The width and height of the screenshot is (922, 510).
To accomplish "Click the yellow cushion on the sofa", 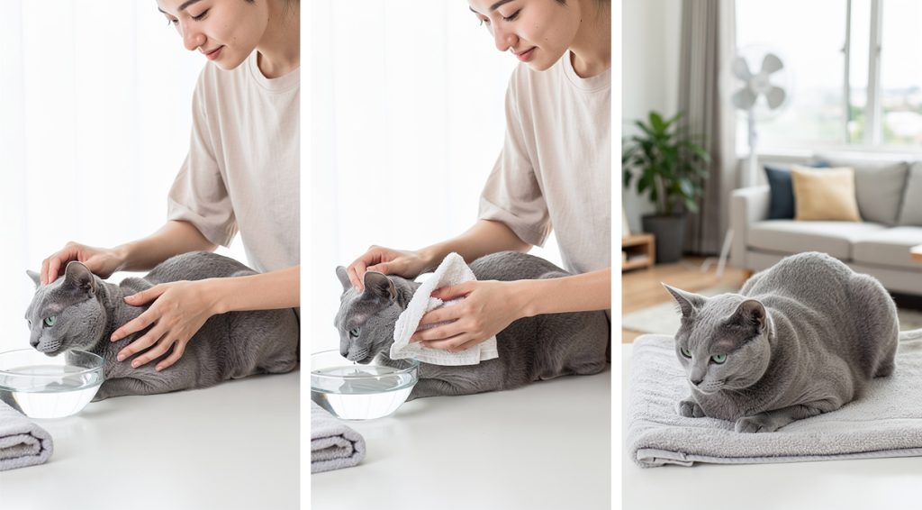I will click(825, 194).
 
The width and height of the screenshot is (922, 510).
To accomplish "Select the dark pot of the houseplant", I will click(668, 236).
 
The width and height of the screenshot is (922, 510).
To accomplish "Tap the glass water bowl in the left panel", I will click(49, 382).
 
